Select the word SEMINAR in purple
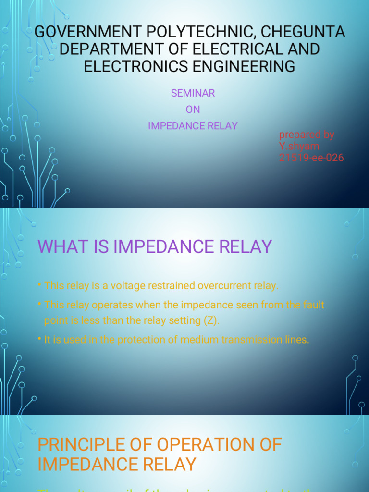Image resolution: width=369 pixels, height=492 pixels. click(x=193, y=93)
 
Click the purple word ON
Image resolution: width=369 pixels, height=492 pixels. click(x=193, y=110)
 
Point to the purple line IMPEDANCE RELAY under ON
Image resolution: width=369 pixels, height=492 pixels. click(x=193, y=126)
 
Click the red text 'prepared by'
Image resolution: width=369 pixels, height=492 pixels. click(x=307, y=135)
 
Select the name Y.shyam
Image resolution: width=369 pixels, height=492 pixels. click(x=299, y=146)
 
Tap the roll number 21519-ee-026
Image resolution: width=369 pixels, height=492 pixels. click(x=311, y=158)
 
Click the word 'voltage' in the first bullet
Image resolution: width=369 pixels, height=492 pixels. click(x=128, y=285)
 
